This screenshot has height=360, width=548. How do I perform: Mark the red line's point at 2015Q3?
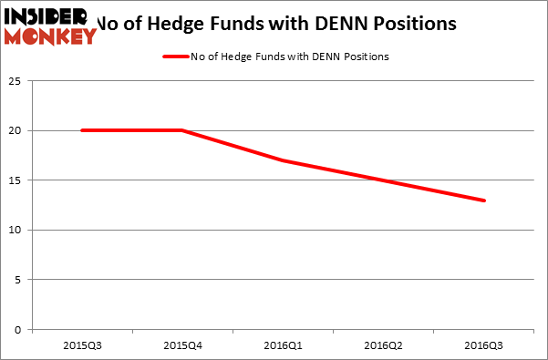[x=82, y=130]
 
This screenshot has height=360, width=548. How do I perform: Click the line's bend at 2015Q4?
[x=182, y=130]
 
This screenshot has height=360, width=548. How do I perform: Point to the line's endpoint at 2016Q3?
[x=484, y=201]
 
